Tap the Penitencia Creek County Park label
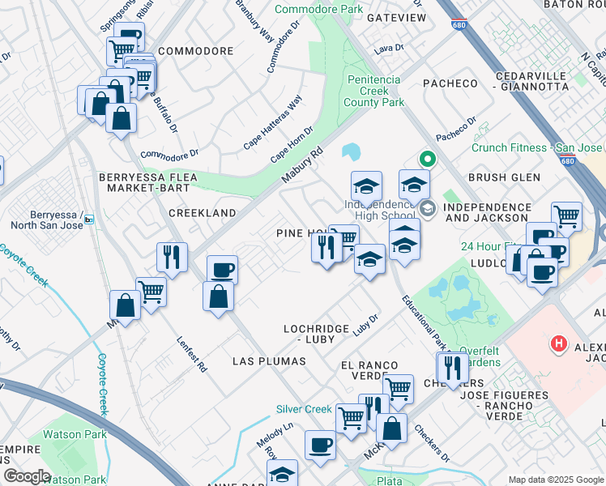(373, 91)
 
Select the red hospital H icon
(557, 344)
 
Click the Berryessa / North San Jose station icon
(90, 219)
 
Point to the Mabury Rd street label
(302, 164)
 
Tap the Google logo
(26, 476)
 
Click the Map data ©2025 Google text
(556, 480)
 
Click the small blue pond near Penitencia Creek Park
(352, 151)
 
